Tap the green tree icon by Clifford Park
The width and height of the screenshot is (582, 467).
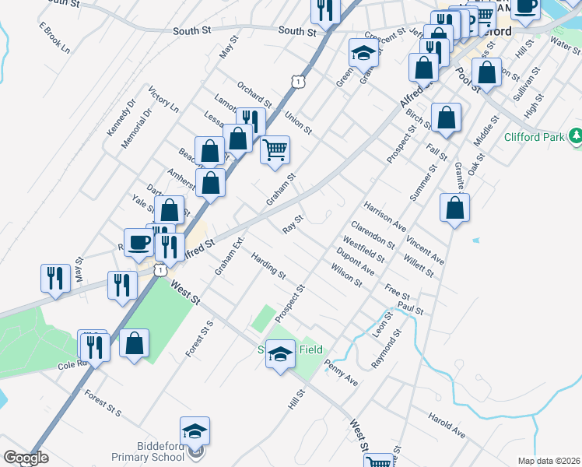tap(576, 137)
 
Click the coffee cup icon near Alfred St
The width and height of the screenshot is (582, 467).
tap(138, 241)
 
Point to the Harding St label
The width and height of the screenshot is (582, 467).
tap(269, 265)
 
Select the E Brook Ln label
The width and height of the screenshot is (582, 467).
tap(54, 37)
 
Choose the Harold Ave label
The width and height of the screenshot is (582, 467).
tap(446, 425)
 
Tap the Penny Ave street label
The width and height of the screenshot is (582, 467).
tap(341, 373)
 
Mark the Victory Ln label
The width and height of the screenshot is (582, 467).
tap(163, 100)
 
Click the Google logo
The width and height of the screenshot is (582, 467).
tap(26, 458)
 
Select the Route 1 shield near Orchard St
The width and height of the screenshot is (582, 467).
tap(297, 81)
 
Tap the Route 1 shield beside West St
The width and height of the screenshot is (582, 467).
tap(160, 269)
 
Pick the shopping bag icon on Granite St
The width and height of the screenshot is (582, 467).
tap(454, 208)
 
